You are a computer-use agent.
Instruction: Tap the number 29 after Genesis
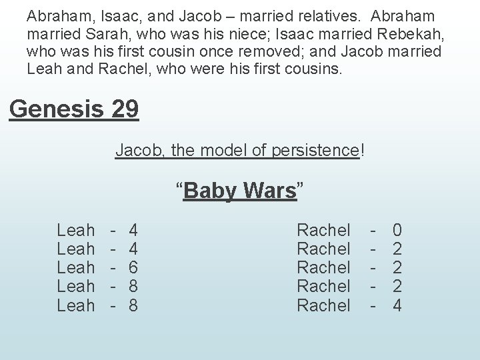coord(125,108)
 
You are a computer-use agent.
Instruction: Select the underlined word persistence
coord(315,151)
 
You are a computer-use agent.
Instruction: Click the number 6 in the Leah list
coord(133,267)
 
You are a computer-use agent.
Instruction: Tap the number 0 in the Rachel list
coord(397,231)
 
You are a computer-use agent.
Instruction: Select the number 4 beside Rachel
coord(397,305)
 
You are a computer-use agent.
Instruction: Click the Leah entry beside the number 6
coord(75,267)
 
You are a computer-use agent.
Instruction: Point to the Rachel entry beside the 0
coord(323,231)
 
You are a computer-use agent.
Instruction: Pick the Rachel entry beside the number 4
coord(323,305)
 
